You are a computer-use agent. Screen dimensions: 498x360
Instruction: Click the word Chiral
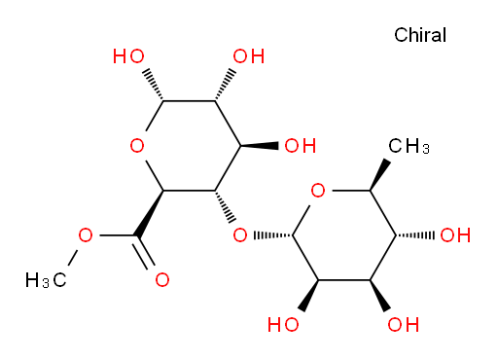tap(420, 35)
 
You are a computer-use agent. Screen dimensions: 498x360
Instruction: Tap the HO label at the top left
tap(128, 56)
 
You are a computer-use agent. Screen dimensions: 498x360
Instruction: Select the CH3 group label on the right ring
tap(409, 146)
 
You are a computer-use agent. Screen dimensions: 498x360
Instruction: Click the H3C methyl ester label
tap(46, 280)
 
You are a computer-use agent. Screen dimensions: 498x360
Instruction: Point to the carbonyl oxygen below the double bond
tap(162, 279)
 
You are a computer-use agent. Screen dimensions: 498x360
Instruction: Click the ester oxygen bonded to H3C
tap(86, 235)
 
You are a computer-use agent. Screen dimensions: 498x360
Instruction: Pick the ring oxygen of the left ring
tap(137, 146)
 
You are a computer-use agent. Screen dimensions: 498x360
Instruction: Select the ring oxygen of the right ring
tap(318, 191)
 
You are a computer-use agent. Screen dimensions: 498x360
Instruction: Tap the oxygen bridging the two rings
tap(240, 235)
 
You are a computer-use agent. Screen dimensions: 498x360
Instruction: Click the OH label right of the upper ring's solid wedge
tap(301, 146)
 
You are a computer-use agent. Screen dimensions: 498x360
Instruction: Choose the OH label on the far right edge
tap(455, 235)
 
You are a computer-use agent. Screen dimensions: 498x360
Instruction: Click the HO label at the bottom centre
tap(283, 324)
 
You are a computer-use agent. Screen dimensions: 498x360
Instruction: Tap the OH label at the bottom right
tap(404, 324)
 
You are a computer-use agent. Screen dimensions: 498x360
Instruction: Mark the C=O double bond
tap(144, 252)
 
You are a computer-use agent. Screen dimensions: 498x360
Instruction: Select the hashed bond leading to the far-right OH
tap(415, 235)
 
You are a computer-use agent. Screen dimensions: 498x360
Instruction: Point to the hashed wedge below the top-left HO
tap(154, 85)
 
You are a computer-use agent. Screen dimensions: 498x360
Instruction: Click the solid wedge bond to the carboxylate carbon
tap(150, 213)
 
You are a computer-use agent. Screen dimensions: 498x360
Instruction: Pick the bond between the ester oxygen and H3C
tap(72, 259)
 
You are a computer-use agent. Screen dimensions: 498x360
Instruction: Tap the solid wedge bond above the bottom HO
tap(309, 296)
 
